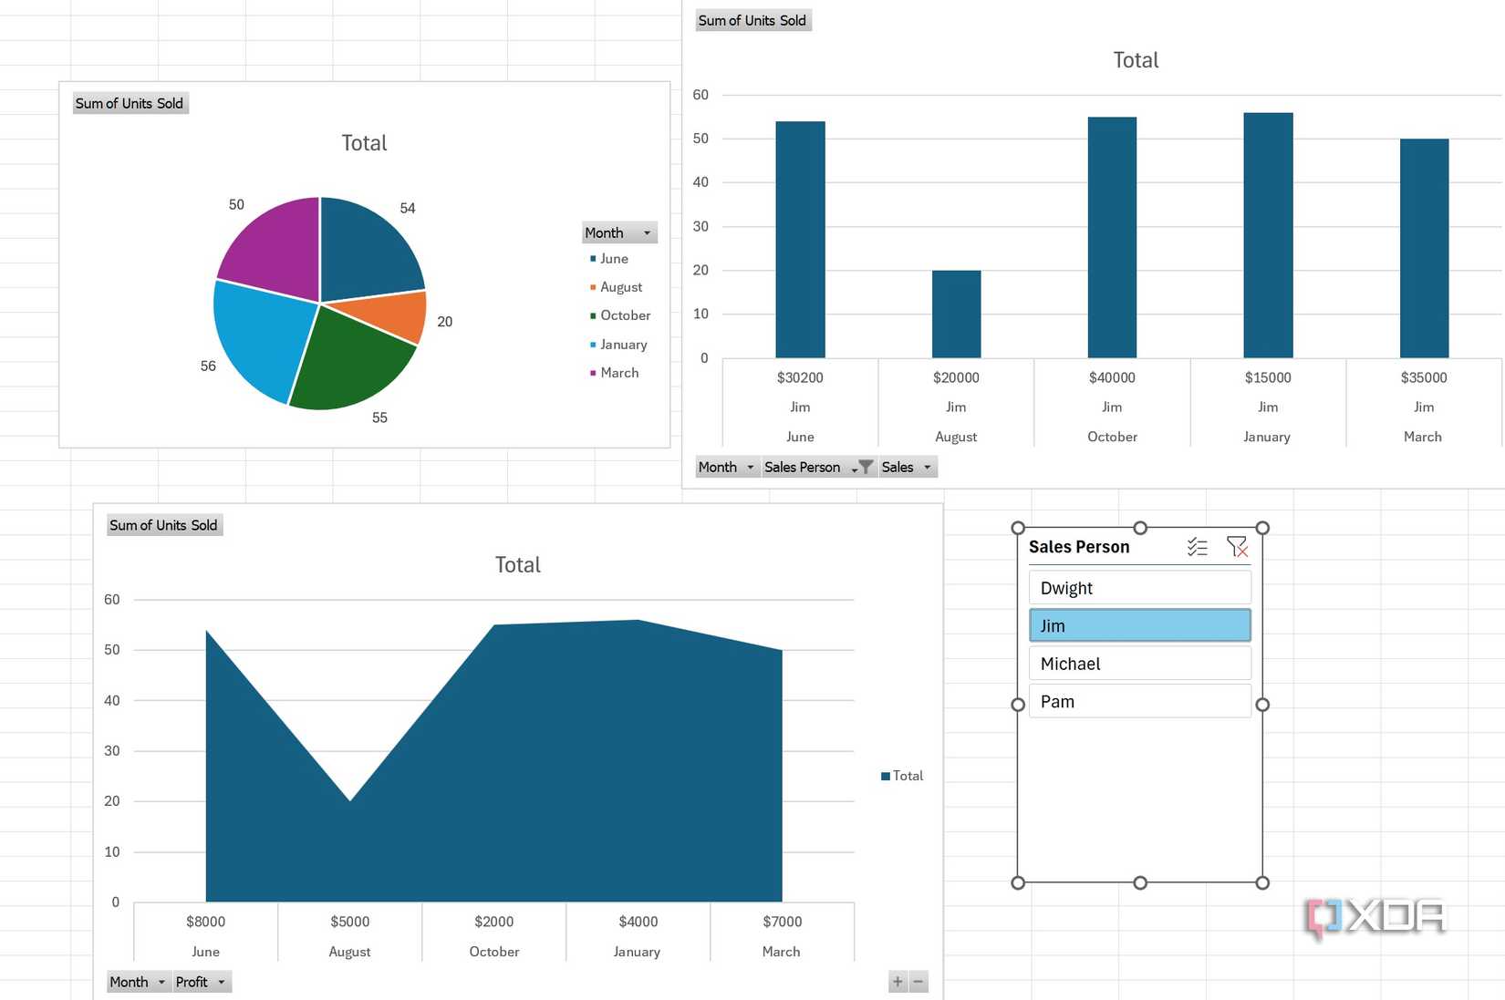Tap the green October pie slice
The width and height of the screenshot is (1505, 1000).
(347, 360)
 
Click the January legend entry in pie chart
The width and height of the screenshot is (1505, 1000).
(623, 345)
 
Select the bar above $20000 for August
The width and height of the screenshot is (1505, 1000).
(956, 314)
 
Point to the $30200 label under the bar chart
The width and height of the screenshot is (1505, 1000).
(800, 377)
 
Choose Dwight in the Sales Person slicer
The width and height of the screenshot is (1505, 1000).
(1139, 588)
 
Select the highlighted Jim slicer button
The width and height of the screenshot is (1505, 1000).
(1139, 626)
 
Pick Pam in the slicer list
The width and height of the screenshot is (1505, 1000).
(1139, 702)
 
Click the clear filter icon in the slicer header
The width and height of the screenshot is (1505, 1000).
(1237, 546)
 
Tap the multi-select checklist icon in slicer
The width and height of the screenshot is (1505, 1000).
(1197, 546)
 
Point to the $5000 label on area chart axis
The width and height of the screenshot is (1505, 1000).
(349, 922)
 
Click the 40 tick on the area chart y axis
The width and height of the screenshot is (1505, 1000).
(112, 700)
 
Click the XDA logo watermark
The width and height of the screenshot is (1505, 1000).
(1375, 917)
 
